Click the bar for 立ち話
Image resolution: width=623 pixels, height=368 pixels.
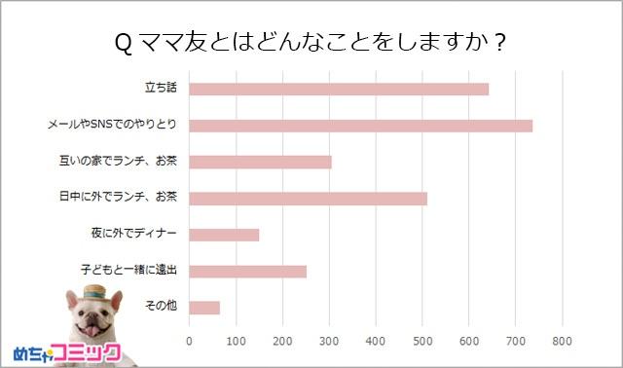coord(338,90)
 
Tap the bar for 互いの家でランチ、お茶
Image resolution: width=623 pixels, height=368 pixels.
coord(260,162)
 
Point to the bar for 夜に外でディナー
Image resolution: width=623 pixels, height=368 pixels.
coord(224,235)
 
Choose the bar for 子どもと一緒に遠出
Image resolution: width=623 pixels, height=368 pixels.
coord(247,271)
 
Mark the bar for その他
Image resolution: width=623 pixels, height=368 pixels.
coord(204,308)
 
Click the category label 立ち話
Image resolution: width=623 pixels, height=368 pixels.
coord(161,90)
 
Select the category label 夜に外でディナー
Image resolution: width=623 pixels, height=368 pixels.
coord(133,235)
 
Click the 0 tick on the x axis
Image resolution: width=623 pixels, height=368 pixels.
coord(189,342)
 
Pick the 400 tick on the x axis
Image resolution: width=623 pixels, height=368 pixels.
coord(375,342)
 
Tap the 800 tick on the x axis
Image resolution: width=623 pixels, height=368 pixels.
coord(562,342)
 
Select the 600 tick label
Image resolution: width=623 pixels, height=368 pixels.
coord(468,342)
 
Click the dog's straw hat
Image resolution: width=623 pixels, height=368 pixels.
coord(93,293)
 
